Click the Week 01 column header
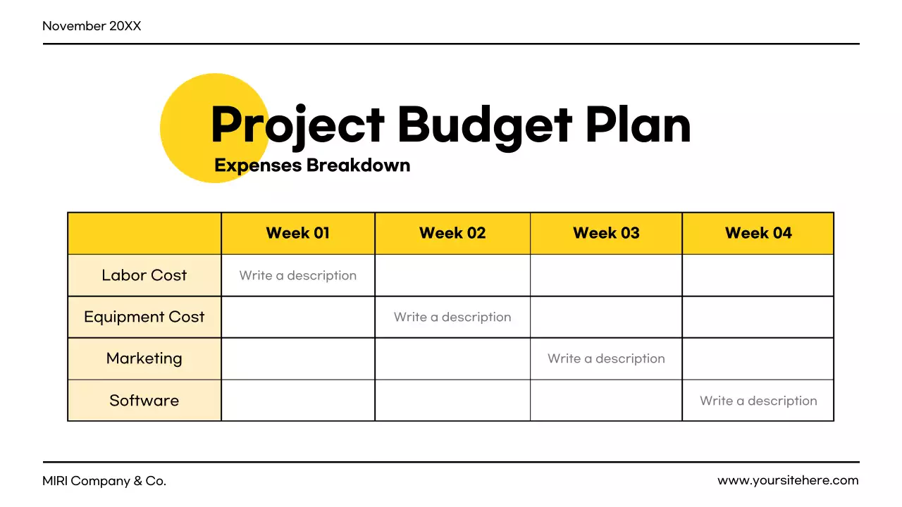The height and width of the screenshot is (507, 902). tap(297, 233)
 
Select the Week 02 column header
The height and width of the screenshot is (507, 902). tap(452, 233)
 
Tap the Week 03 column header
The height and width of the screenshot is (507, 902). tap(606, 233)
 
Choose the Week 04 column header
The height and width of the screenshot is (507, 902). tap(758, 233)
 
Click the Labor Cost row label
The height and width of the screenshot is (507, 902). tap(144, 275)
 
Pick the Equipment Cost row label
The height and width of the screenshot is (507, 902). tap(144, 317)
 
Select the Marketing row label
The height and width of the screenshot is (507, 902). tap(144, 358)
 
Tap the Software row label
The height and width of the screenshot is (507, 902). tap(144, 401)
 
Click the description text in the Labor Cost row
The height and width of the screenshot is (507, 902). tap(298, 275)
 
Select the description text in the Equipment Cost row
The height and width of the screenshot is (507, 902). tap(452, 317)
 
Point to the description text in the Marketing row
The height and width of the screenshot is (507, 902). tap(606, 358)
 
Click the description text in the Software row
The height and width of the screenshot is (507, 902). tap(758, 401)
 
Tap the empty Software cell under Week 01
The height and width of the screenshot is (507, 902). tap(298, 401)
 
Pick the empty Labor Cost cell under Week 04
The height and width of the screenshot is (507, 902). tap(758, 275)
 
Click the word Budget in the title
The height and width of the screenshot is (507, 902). tap(484, 125)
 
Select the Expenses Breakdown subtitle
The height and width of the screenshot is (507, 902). tap(312, 165)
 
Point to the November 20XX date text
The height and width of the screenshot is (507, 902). tap(92, 26)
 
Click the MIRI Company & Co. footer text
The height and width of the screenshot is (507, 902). tap(104, 481)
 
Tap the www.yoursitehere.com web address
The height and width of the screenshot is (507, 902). tap(788, 480)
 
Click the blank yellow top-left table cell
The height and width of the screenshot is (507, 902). tap(144, 233)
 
